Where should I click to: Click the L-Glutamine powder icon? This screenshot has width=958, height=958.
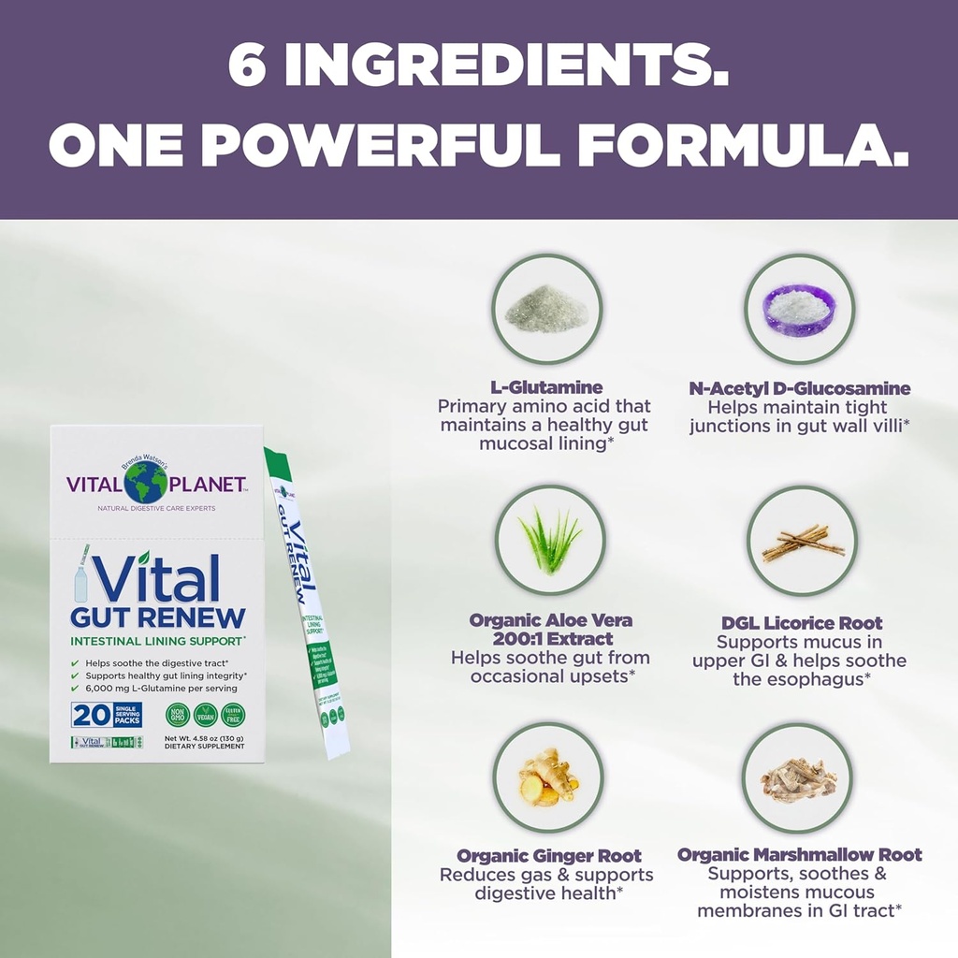(547, 309)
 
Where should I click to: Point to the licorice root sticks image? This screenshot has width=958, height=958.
(802, 541)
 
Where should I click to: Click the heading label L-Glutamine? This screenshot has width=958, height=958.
(546, 387)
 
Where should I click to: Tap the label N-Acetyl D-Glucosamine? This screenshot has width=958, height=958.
(799, 388)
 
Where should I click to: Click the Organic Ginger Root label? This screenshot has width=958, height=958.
(549, 855)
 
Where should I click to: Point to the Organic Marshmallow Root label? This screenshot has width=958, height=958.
(799, 855)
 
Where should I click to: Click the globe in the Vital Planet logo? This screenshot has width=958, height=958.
(146, 483)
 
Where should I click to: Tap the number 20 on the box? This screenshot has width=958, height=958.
(90, 715)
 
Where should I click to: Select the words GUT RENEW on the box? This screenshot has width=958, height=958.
(158, 617)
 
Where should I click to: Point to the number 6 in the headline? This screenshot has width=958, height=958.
(248, 67)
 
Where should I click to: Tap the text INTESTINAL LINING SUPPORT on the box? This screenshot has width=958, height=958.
(157, 641)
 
